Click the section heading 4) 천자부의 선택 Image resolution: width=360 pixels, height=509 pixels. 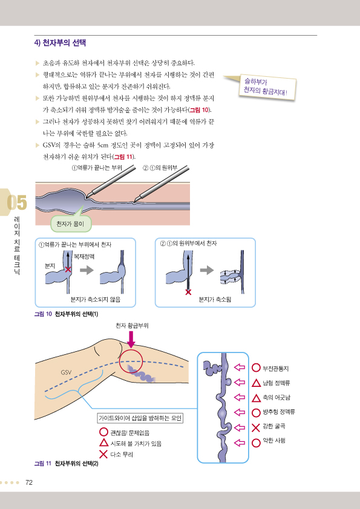click(60, 43)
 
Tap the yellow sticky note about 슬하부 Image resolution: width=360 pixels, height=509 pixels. click(267, 86)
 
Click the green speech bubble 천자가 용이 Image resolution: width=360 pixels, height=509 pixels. click(71, 224)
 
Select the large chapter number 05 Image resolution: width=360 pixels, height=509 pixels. click(17, 203)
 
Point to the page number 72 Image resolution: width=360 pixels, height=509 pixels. click(29, 482)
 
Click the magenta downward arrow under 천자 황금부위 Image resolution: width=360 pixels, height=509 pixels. click(131, 340)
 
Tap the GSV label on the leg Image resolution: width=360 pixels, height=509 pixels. click(66, 372)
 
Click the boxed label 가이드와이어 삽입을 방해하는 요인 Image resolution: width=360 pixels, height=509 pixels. click(140, 418)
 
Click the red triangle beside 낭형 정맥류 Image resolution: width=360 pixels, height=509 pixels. click(256, 383)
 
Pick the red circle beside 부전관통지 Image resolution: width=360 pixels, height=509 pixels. click(256, 368)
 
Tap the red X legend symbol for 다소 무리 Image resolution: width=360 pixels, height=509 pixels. click(103, 454)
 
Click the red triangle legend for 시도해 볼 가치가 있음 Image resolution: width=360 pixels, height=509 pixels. click(103, 443)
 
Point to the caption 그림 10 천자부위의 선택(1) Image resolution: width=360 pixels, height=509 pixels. click(66, 314)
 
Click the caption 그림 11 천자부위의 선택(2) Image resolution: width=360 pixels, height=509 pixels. click(67, 463)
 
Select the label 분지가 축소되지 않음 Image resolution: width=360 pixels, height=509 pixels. click(96, 299)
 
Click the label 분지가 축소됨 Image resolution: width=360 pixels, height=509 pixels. click(215, 299)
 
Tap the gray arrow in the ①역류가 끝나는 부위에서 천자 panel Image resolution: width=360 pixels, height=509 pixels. click(87, 270)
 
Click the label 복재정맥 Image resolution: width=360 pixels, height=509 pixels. click(84, 256)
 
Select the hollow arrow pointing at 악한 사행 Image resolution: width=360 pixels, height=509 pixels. click(240, 443)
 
